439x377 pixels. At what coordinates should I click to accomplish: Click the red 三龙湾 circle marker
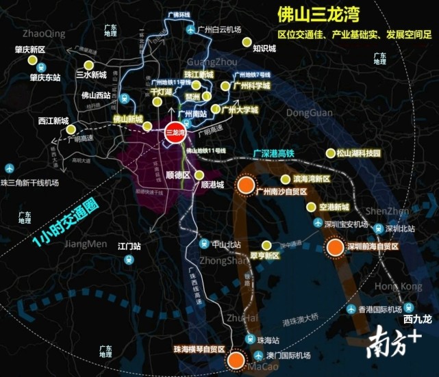(x=175, y=133)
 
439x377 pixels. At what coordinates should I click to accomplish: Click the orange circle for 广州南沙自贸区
(x=245, y=185)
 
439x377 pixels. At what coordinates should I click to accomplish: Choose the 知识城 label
(x=264, y=49)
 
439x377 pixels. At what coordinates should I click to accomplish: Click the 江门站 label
(x=129, y=245)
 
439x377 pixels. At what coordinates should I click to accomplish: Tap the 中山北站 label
(x=227, y=244)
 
